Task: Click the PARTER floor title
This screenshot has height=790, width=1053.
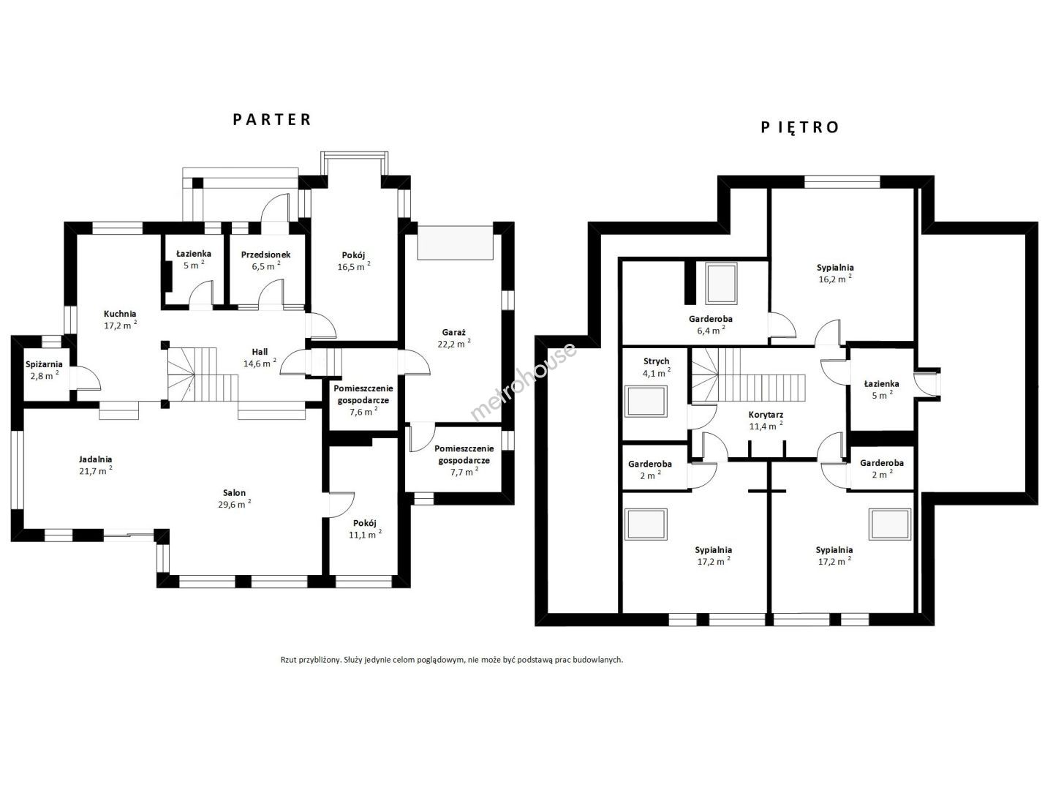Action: pyautogui.click(x=272, y=119)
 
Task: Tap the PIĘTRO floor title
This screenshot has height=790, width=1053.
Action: pyautogui.click(x=800, y=127)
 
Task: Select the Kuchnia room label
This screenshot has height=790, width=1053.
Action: pyautogui.click(x=120, y=315)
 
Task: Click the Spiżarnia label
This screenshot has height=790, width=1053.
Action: pyautogui.click(x=44, y=364)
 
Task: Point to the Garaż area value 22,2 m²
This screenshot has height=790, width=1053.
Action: pyautogui.click(x=454, y=344)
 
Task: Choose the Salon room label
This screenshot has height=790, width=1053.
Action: pyautogui.click(x=234, y=492)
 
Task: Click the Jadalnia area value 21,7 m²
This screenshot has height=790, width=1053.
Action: pyautogui.click(x=96, y=470)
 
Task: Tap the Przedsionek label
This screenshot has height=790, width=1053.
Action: pyautogui.click(x=265, y=255)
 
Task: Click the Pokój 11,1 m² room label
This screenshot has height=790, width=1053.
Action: pyautogui.click(x=365, y=523)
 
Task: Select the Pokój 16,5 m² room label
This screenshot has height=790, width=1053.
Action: pyautogui.click(x=353, y=255)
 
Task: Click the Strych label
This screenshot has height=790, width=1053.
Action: pyautogui.click(x=656, y=361)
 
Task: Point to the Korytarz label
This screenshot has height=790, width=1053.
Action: pyautogui.click(x=766, y=415)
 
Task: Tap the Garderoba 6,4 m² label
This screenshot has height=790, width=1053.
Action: pyautogui.click(x=711, y=319)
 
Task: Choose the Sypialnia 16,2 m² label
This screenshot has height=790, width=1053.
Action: pyautogui.click(x=835, y=268)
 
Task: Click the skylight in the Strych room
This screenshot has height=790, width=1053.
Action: pyautogui.click(x=646, y=402)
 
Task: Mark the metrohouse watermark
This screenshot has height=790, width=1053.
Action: pyautogui.click(x=524, y=381)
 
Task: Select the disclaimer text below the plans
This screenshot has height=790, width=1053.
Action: pyautogui.click(x=452, y=660)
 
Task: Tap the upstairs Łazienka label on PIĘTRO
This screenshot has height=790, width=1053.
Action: pyautogui.click(x=882, y=384)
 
